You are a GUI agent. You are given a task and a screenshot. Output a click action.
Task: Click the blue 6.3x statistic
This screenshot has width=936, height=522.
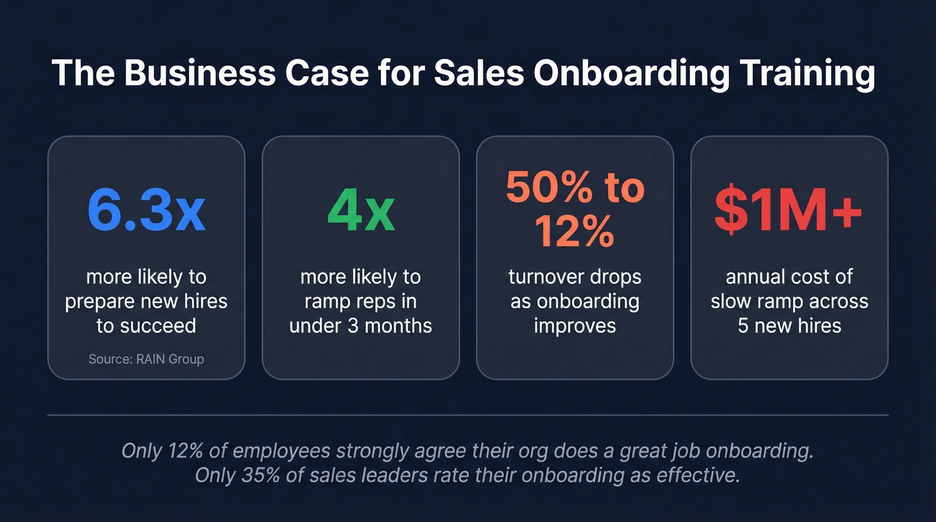(x=146, y=212)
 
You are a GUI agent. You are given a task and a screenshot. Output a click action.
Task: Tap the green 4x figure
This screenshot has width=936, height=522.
(x=360, y=212)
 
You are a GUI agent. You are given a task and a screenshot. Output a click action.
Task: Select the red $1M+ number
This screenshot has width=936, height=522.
(x=789, y=212)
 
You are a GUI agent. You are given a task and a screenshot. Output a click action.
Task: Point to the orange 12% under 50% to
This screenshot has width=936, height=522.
(x=575, y=231)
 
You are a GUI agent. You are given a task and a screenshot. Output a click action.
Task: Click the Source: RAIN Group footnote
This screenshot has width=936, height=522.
(x=146, y=359)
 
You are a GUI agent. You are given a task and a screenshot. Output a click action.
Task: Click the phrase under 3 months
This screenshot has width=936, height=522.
(x=360, y=325)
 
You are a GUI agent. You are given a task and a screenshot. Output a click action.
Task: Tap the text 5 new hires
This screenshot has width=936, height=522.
(x=789, y=325)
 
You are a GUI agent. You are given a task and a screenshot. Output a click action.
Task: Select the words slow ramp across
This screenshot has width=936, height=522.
(x=789, y=301)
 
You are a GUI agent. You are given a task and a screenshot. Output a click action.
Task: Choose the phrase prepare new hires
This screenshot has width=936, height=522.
(x=146, y=301)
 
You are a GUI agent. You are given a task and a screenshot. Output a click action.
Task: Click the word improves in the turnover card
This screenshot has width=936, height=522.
(x=575, y=325)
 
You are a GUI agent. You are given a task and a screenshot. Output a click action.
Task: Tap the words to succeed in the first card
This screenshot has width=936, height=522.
(x=146, y=325)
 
